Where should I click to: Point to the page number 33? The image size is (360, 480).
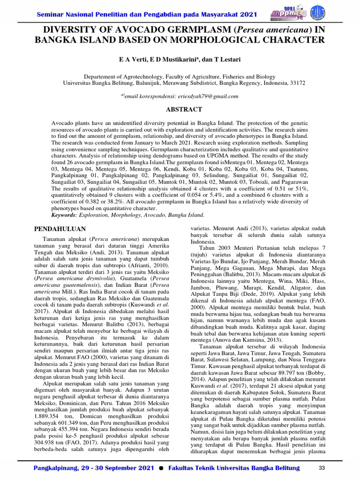322,468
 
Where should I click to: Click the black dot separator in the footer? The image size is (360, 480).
161,469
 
